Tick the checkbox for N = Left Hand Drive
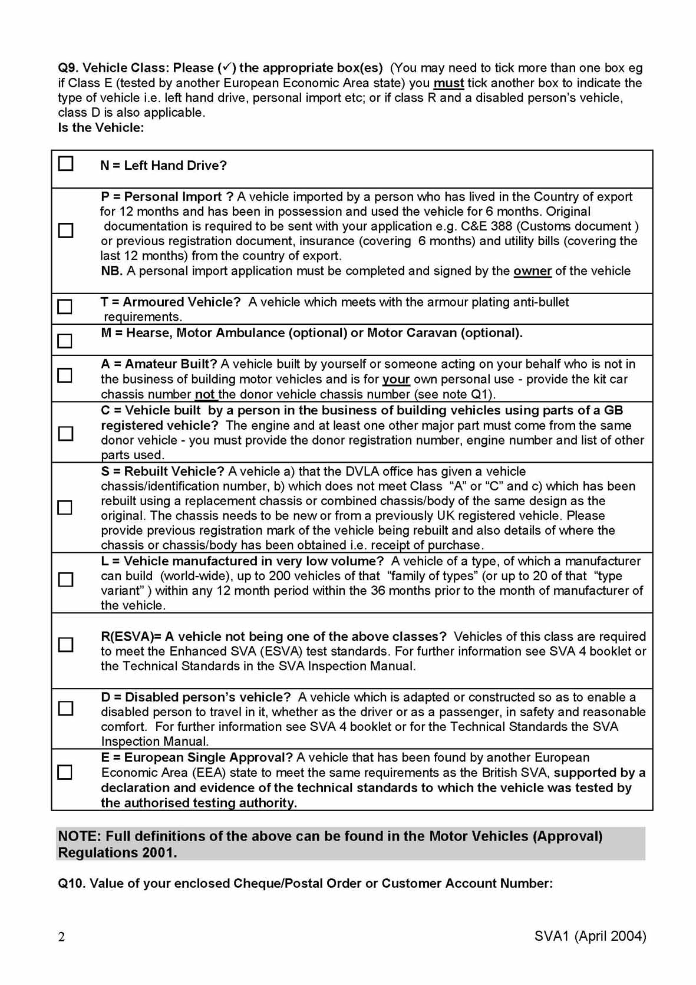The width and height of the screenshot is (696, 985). click(65, 163)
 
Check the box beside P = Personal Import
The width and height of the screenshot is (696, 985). click(65, 230)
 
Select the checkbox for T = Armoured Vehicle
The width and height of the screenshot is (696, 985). click(65, 307)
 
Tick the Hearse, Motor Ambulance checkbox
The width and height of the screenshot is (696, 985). click(65, 341)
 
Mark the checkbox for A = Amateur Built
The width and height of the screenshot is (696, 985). click(65, 375)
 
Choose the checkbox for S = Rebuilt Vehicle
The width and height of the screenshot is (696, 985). click(65, 507)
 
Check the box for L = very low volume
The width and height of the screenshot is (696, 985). click(65, 579)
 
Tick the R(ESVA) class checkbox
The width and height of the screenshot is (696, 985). click(65, 644)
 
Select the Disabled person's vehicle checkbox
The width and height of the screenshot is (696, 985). click(65, 707)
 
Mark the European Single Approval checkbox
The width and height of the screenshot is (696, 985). click(65, 772)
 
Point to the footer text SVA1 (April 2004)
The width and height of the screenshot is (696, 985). click(590, 936)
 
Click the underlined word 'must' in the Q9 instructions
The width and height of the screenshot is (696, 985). click(448, 83)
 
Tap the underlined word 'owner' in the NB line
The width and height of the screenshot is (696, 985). click(532, 271)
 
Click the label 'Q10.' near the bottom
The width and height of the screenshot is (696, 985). click(72, 883)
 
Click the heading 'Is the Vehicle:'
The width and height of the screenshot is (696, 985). click(101, 127)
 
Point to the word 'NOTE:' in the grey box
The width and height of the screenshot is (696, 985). click(80, 836)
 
